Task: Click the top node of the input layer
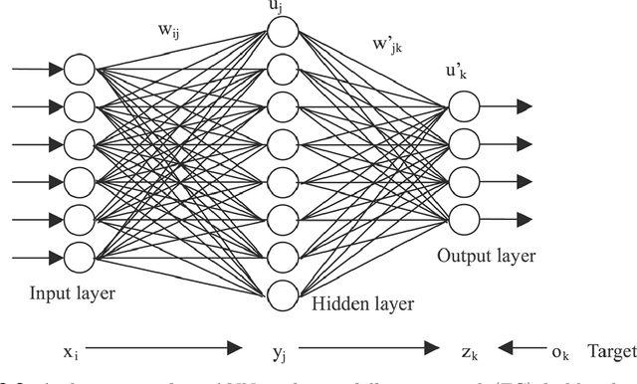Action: pyautogui.click(x=79, y=70)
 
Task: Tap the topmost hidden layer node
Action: pyautogui.click(x=284, y=32)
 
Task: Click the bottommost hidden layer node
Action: pyautogui.click(x=284, y=295)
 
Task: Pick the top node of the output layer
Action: pyautogui.click(x=463, y=104)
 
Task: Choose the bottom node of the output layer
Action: pyautogui.click(x=463, y=217)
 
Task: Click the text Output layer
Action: pyautogui.click(x=486, y=256)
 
